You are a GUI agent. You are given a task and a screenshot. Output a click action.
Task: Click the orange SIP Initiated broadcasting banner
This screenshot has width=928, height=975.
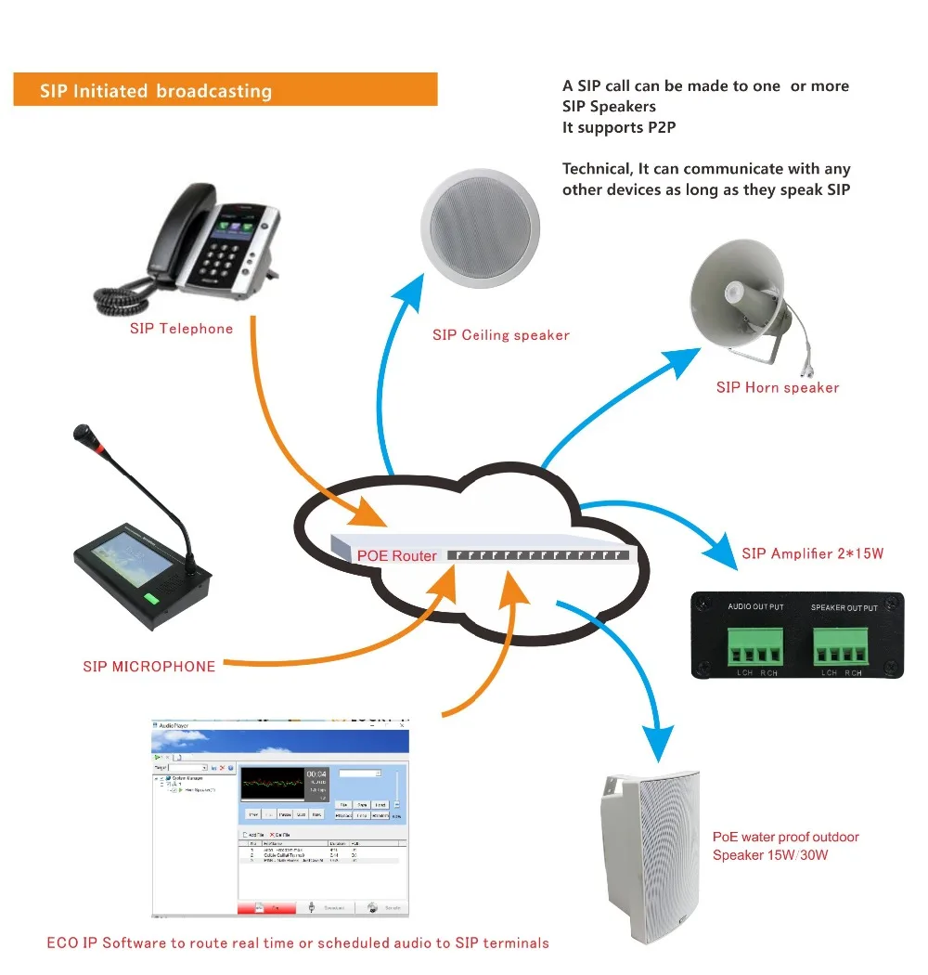[225, 90]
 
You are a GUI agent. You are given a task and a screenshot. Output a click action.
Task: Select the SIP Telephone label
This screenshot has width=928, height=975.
[181, 329]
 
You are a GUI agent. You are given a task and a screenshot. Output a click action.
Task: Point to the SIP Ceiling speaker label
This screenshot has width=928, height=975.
[500, 335]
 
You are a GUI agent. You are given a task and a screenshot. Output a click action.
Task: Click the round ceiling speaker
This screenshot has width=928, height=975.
[480, 222]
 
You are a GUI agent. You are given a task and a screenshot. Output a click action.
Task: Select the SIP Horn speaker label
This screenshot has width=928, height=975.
[777, 388]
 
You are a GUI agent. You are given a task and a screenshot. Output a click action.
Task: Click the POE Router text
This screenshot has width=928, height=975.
[396, 555]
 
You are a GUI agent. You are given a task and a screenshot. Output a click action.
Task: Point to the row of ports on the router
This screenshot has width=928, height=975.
[537, 554]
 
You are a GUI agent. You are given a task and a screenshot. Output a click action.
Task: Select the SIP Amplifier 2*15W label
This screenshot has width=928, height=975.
[812, 554]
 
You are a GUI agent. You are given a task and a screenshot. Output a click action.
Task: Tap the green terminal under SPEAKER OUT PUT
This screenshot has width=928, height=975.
[843, 641]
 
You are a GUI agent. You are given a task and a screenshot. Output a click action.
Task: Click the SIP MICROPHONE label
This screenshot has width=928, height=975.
[148, 667]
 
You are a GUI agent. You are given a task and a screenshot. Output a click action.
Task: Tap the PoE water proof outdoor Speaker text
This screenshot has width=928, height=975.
[785, 845]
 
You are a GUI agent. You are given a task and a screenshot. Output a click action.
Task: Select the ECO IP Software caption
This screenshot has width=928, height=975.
[298, 943]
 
